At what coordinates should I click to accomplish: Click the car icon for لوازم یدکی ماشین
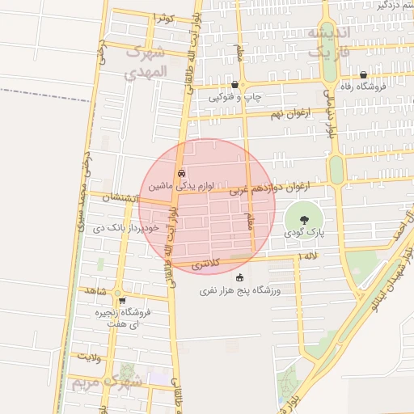point(181,173)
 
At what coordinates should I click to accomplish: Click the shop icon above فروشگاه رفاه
point(364,74)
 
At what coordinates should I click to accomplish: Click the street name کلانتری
point(206,265)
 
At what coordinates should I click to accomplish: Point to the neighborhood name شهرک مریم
point(105,381)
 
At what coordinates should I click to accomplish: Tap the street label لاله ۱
point(308,256)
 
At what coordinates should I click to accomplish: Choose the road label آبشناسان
point(120,197)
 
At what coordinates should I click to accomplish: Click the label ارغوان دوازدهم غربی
point(272,189)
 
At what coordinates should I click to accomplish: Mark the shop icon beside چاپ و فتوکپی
point(234,84)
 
